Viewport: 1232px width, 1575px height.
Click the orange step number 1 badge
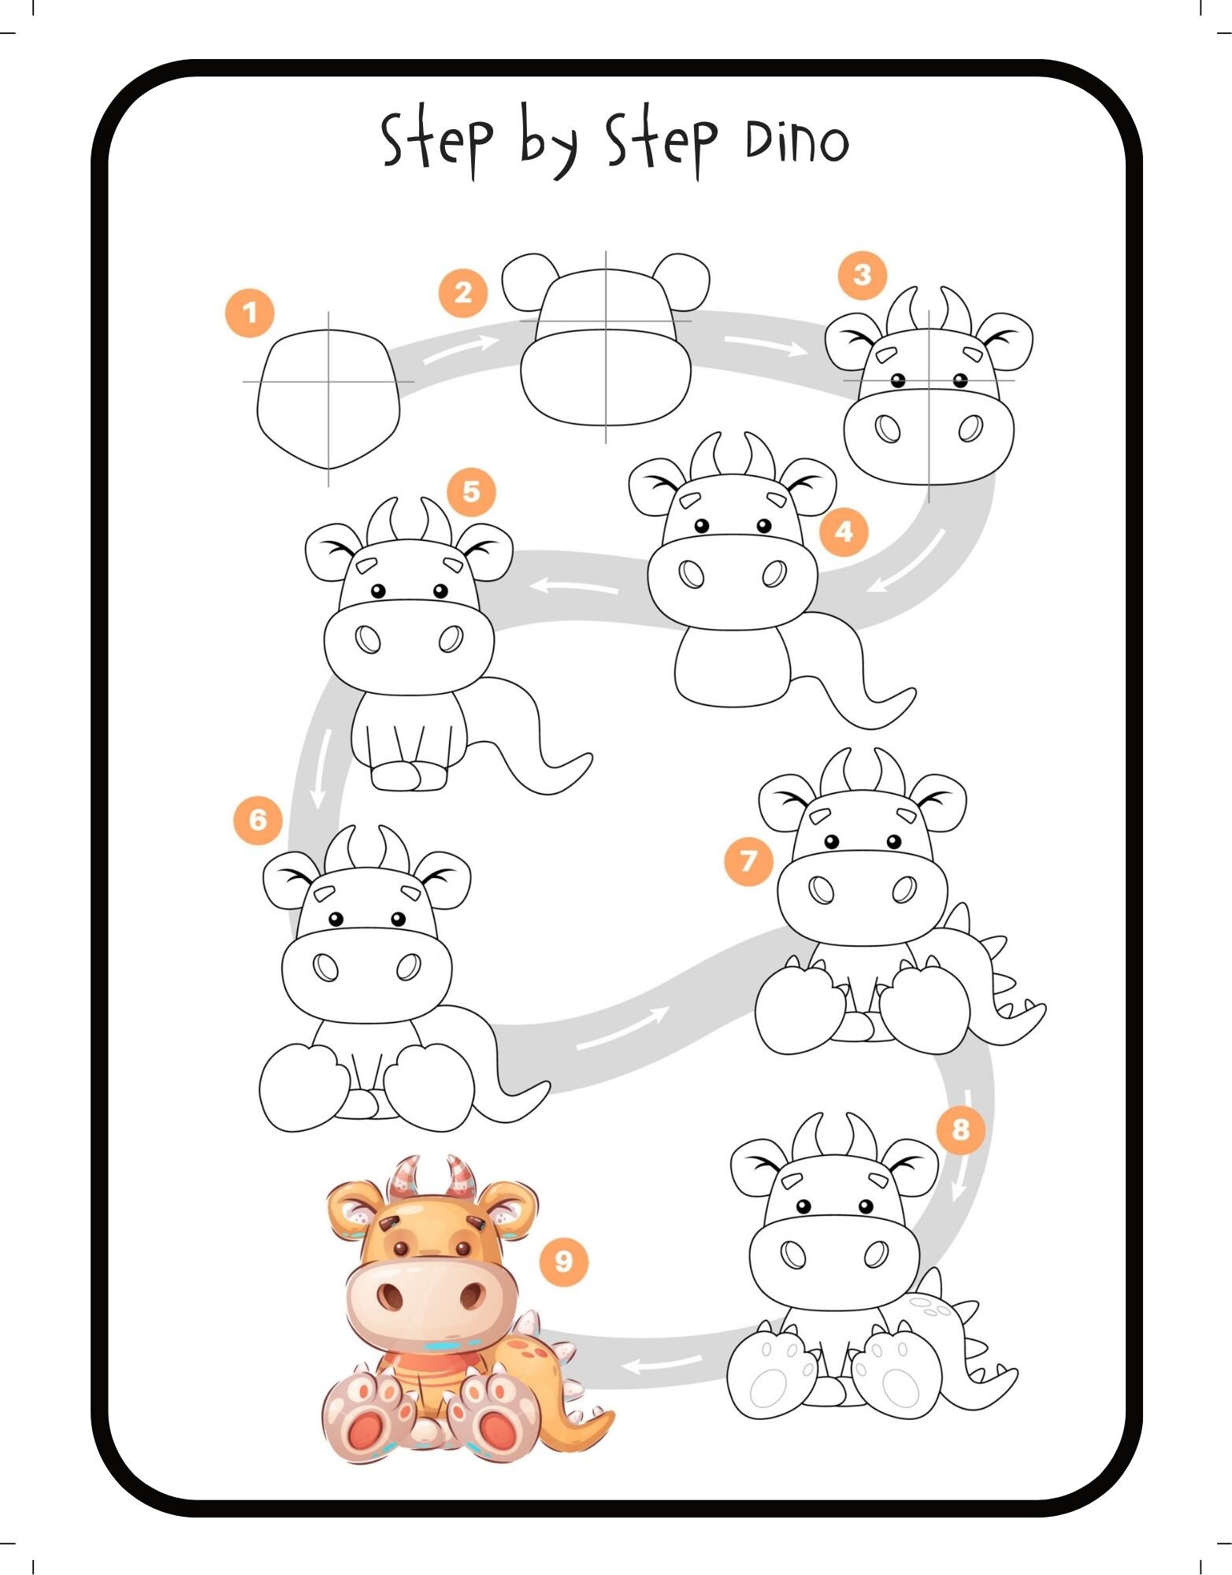tap(250, 313)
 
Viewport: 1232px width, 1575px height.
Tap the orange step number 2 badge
tap(463, 293)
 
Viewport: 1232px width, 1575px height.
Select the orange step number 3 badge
tap(863, 275)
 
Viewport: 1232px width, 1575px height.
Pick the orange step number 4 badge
tap(844, 532)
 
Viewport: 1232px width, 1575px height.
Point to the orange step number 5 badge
tap(471, 492)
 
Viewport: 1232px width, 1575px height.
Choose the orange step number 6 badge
tap(258, 821)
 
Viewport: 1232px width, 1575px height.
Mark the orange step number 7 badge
tap(748, 861)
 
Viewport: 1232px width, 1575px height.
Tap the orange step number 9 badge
tap(563, 1262)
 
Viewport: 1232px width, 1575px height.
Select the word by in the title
tap(549, 142)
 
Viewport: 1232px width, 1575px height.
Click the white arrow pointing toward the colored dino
tap(661, 1362)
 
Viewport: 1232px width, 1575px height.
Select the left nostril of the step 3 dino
tap(888, 430)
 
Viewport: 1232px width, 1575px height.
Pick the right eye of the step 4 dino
tap(763, 525)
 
